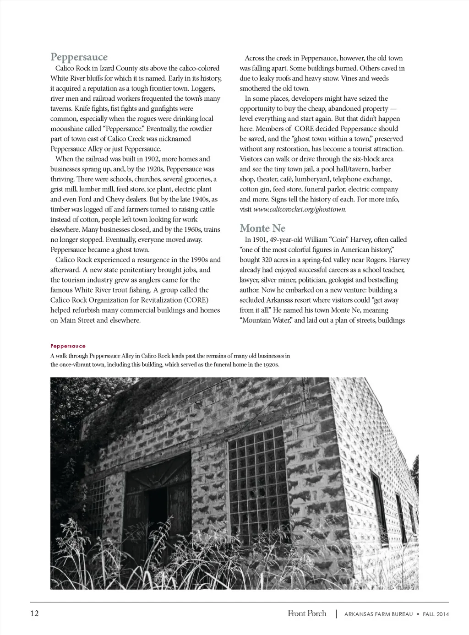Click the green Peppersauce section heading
pyautogui.click(x=79, y=57)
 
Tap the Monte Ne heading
pyautogui.click(x=262, y=228)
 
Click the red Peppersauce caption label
pyautogui.click(x=68, y=346)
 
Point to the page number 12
pyautogui.click(x=34, y=613)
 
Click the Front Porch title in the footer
pyautogui.click(x=307, y=613)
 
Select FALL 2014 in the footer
pyautogui.click(x=436, y=614)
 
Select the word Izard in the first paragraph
pyautogui.click(x=107, y=68)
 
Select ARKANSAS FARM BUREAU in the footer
pyautogui.click(x=378, y=614)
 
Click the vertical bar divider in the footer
pyautogui.click(x=337, y=613)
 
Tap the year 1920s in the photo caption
pyautogui.click(x=269, y=365)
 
